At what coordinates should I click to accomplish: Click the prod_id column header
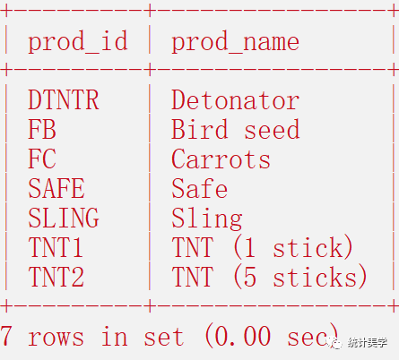pyautogui.click(x=78, y=41)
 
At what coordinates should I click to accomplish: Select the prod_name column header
pyautogui.click(x=235, y=41)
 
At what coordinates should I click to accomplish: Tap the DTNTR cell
pyautogui.click(x=64, y=100)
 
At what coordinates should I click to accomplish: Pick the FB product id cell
pyautogui.click(x=42, y=129)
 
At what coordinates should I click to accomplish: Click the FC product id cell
pyautogui.click(x=42, y=159)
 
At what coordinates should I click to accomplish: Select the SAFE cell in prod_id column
pyautogui.click(x=56, y=188)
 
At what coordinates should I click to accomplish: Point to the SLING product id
pyautogui.click(x=64, y=218)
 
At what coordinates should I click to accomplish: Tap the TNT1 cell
pyautogui.click(x=56, y=247)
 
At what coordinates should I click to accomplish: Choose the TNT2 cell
pyautogui.click(x=56, y=277)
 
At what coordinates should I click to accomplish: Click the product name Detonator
pyautogui.click(x=235, y=100)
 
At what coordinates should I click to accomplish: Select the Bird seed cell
pyautogui.click(x=235, y=129)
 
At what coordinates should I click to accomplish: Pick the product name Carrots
pyautogui.click(x=221, y=159)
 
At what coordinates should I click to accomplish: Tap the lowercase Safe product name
pyautogui.click(x=199, y=188)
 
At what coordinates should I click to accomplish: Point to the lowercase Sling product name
pyautogui.click(x=207, y=219)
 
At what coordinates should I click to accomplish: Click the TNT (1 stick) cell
pyautogui.click(x=263, y=247)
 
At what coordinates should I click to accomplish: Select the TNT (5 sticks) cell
pyautogui.click(x=269, y=277)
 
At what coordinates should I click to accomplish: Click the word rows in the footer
pyautogui.click(x=56, y=338)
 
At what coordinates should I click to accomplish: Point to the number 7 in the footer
pyautogui.click(x=6, y=336)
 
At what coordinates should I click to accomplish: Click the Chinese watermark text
pyautogui.click(x=368, y=343)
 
